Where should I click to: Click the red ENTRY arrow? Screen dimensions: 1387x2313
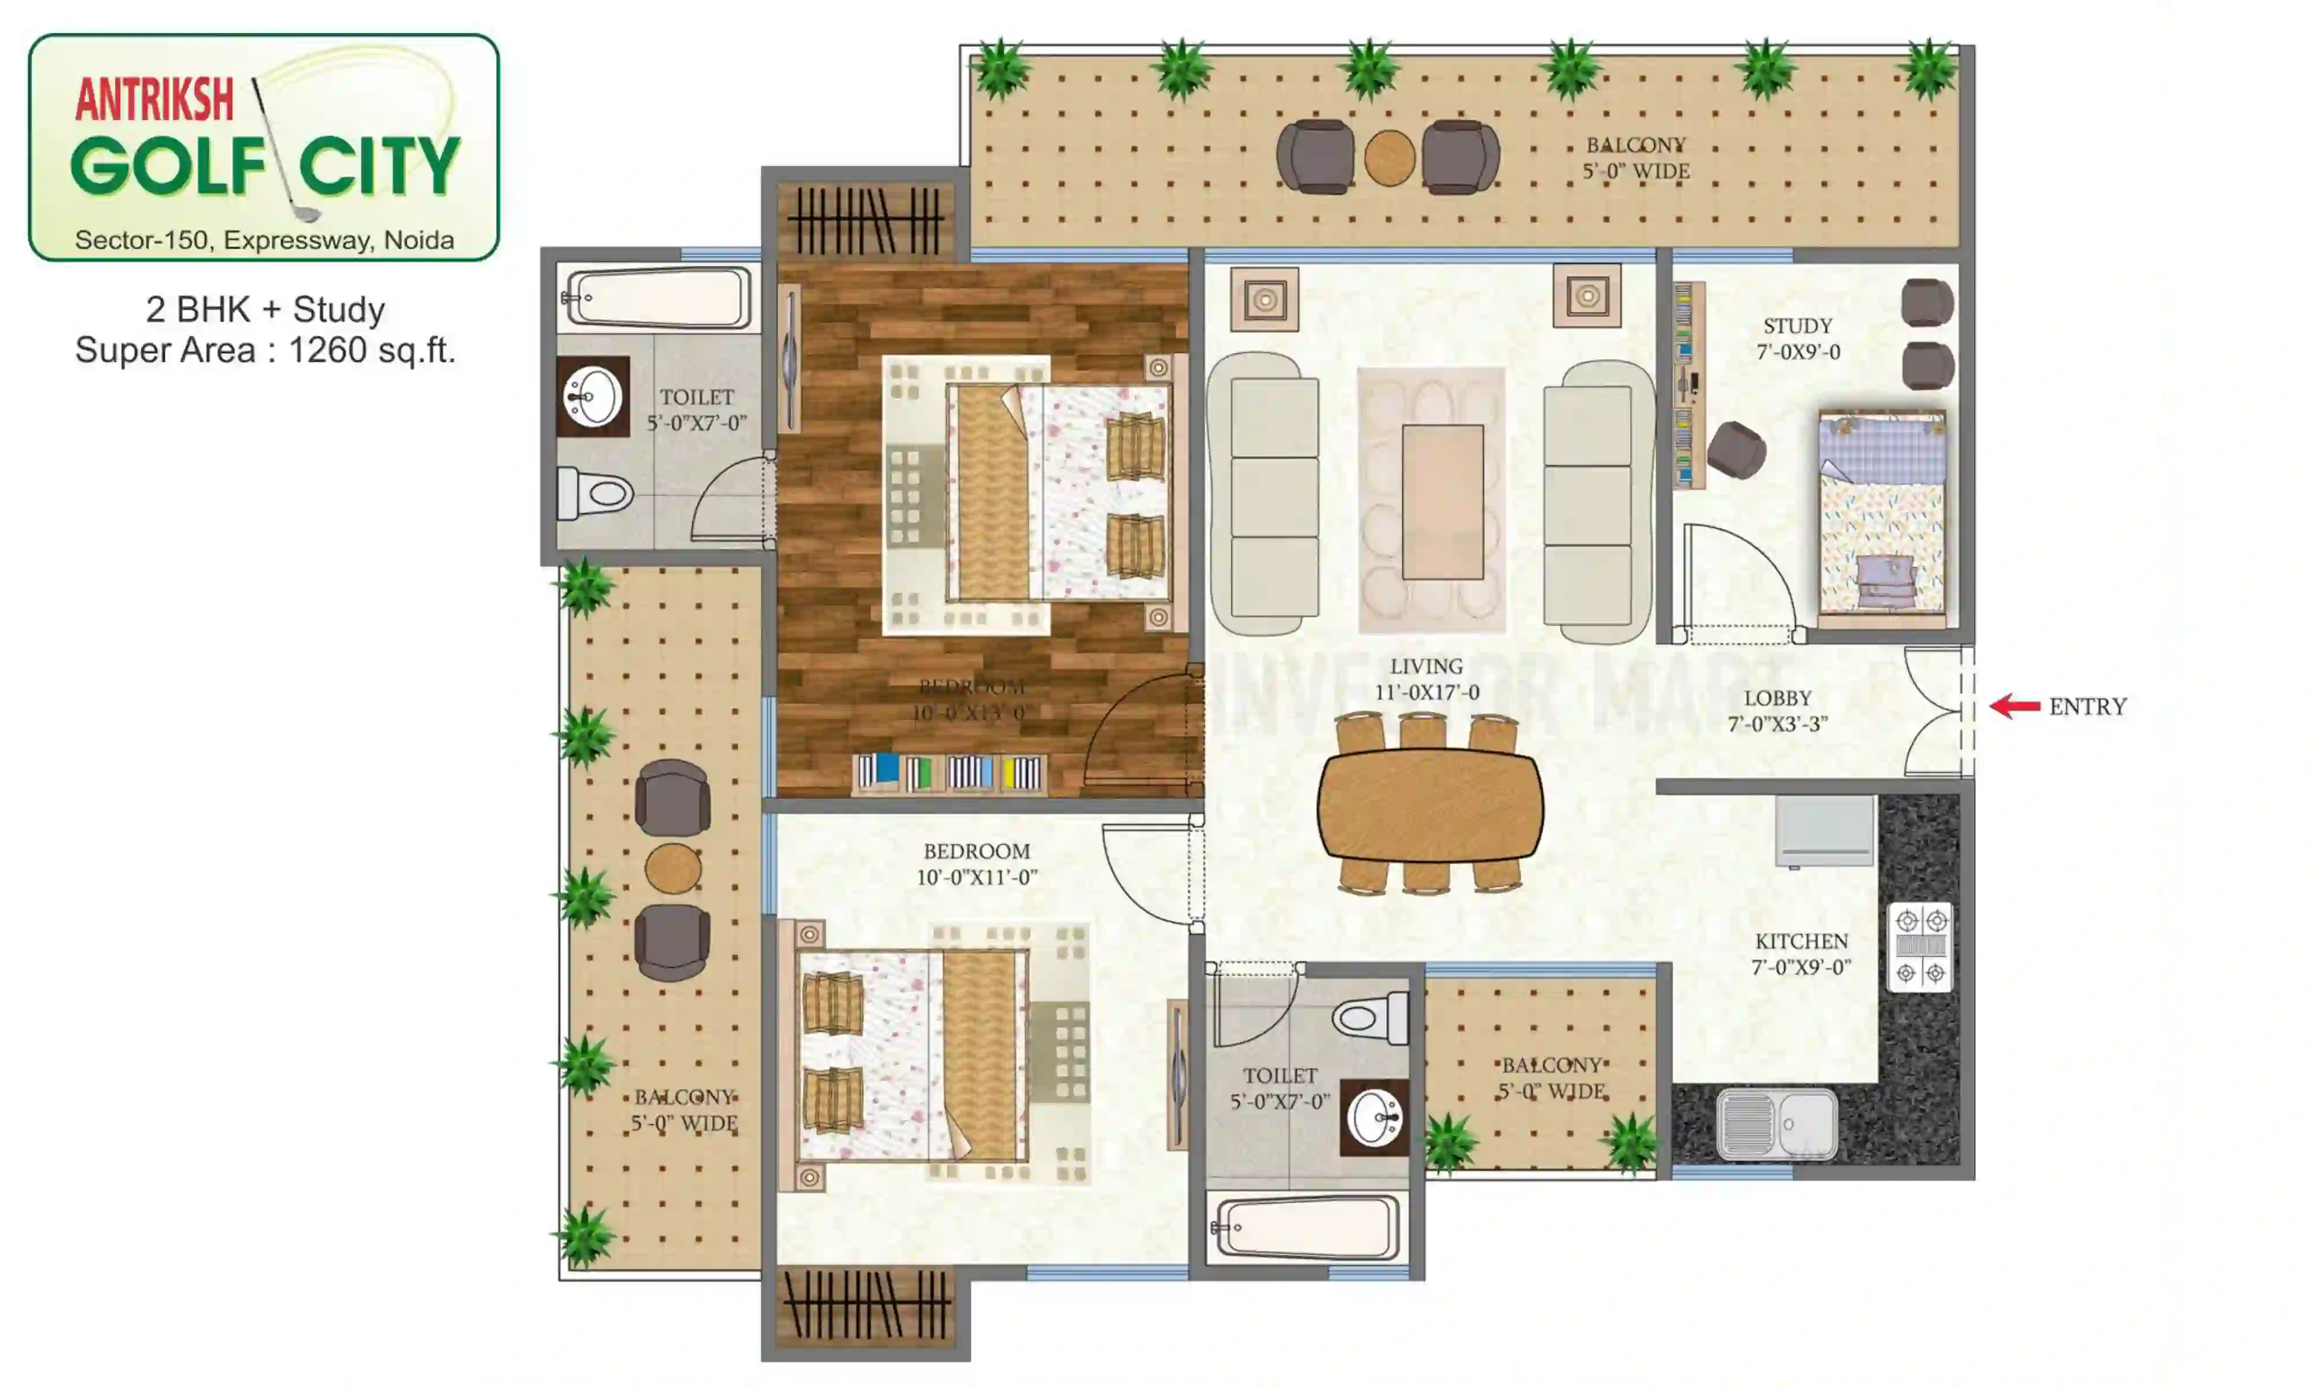(2015, 707)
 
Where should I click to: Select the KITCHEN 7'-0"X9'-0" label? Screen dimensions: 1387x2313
(1801, 954)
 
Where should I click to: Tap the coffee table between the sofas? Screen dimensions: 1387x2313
(1442, 502)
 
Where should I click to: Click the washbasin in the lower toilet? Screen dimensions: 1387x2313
(1375, 1118)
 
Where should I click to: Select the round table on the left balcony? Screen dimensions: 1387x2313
(672, 868)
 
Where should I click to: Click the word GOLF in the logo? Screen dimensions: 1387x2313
(168, 166)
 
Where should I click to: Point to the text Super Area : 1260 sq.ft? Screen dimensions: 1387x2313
(265, 350)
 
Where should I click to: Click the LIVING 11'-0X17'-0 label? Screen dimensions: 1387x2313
(1426, 678)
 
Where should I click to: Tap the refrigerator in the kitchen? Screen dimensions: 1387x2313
(1824, 830)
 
